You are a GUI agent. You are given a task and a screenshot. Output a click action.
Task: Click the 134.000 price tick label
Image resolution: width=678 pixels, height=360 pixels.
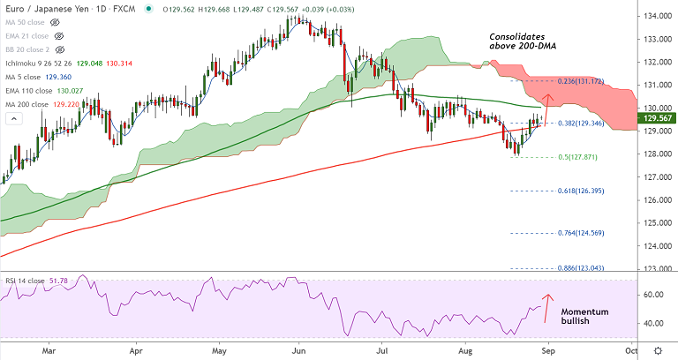654,17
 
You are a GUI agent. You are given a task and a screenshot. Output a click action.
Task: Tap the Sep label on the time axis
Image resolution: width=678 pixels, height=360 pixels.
548,349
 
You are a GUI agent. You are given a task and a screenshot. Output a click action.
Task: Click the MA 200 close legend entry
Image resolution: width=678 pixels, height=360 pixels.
36,105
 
